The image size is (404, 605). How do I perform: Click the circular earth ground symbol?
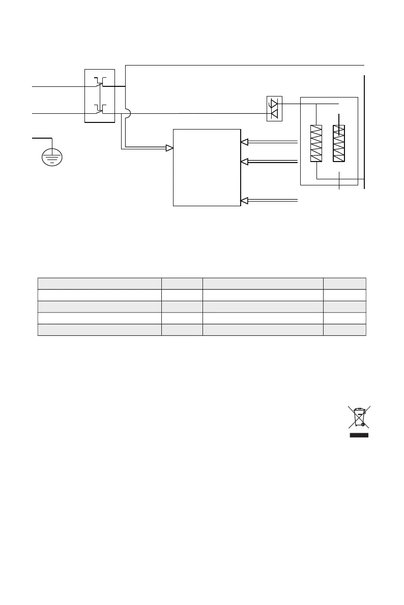52,157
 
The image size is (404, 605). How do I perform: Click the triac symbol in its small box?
274,108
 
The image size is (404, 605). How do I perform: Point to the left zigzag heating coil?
316,143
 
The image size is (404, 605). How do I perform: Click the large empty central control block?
207,168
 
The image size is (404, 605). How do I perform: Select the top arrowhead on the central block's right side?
245,142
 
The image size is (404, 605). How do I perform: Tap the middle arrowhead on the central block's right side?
245,162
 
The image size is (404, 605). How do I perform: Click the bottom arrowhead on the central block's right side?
245,201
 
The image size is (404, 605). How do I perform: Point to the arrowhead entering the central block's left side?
170,148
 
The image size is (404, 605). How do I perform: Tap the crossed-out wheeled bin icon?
359,418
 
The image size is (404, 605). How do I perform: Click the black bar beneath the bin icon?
359,435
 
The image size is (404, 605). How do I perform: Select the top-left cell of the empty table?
100,283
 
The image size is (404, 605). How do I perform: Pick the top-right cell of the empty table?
344,283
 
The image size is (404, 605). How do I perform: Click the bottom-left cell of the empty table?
100,330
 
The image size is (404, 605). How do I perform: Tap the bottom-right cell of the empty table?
344,330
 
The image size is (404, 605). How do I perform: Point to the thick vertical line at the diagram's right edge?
365,132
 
